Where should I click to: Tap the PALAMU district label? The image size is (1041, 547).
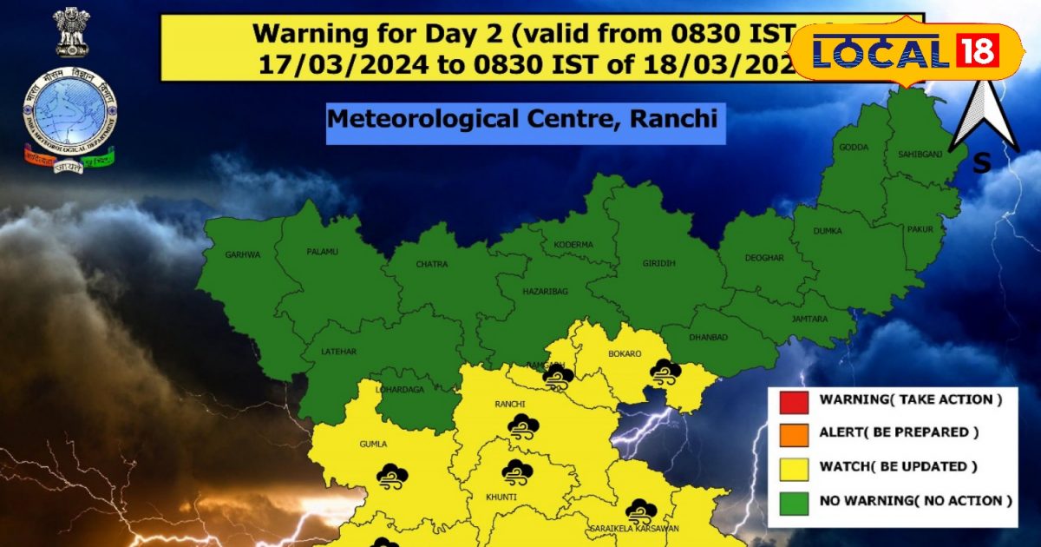click(322, 252)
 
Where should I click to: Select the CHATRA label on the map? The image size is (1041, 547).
click(430, 264)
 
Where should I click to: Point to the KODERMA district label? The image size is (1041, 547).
click(573, 245)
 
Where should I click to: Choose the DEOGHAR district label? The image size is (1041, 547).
click(764, 259)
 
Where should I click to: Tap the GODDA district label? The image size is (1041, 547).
click(853, 148)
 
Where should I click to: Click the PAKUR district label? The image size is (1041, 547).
click(920, 230)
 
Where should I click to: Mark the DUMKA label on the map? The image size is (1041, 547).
click(828, 233)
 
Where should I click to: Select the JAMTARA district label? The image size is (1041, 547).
click(810, 319)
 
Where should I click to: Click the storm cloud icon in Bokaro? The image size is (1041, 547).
click(666, 372)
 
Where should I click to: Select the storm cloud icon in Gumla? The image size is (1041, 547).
click(392, 475)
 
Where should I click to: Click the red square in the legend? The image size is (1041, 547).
click(790, 401)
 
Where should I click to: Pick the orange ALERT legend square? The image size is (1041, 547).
click(790, 433)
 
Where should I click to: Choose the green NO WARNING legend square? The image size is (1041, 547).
click(790, 501)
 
